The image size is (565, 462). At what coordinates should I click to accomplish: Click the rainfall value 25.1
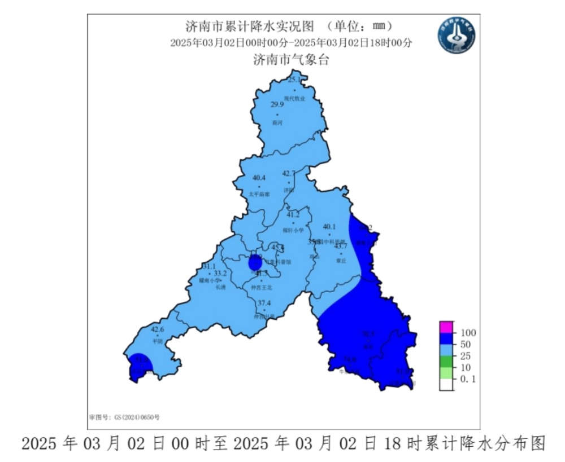pos(294,80)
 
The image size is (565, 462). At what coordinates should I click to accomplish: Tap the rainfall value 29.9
pos(277,104)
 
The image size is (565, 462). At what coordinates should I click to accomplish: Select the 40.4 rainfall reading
pos(259,177)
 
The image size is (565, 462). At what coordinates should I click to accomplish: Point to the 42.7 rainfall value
pos(289,173)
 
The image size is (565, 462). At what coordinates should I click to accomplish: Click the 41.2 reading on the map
pos(293,214)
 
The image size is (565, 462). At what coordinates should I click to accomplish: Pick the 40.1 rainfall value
pos(329,227)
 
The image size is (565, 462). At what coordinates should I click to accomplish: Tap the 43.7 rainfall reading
pos(341,245)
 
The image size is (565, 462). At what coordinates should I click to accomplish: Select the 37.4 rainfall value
pos(264,303)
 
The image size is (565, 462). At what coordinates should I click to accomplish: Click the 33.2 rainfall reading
pos(220,273)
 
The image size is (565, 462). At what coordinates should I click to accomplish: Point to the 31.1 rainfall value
pos(208,266)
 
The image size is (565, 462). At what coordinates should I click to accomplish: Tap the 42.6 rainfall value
pos(157,329)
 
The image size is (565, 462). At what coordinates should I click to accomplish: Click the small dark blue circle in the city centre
pos(255,262)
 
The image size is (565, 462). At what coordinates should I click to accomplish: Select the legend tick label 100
pos(469,332)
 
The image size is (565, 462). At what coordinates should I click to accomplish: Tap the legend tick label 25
pos(466,356)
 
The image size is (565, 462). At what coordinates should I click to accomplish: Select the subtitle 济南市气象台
pos(290,60)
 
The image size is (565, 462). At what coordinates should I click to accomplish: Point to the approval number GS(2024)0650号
pos(125,417)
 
